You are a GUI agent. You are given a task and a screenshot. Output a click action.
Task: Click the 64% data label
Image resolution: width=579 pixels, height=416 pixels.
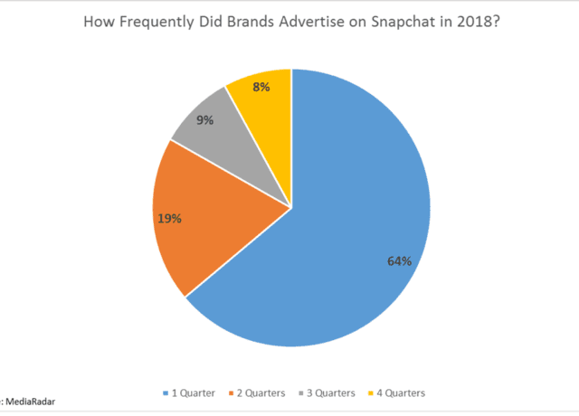point(399,261)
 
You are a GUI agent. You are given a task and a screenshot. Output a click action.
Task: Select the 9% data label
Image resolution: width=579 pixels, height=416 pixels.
point(204,119)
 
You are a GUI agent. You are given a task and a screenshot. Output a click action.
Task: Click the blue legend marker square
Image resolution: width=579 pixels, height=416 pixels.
point(166,393)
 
